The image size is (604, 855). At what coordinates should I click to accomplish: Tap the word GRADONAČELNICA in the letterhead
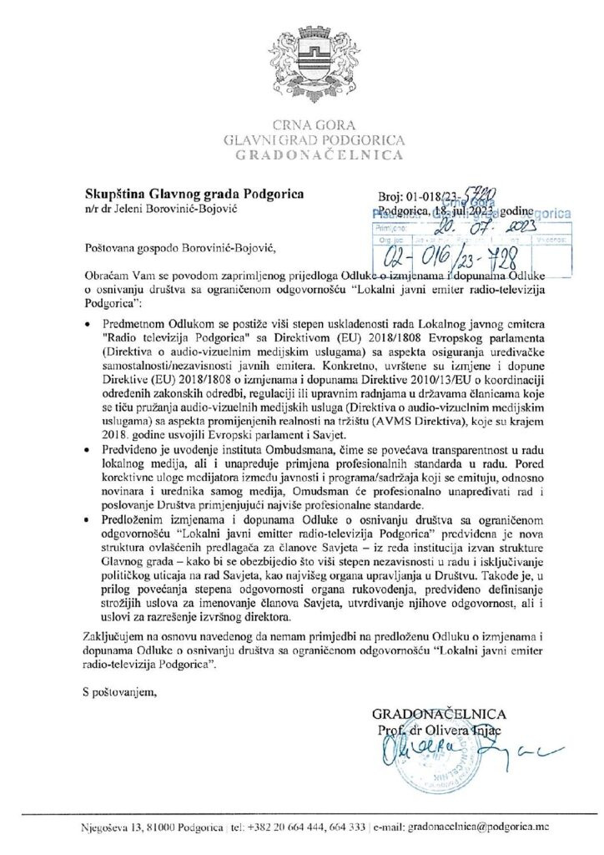302,155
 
